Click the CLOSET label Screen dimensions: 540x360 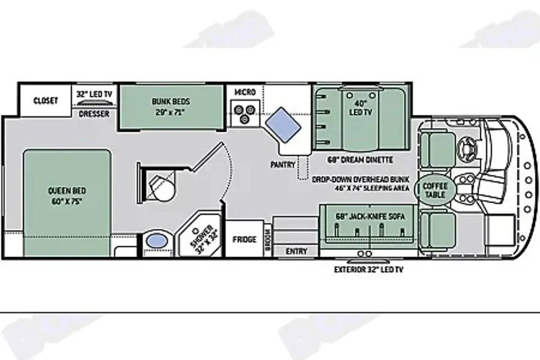[46, 101]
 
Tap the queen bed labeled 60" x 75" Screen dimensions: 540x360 [67, 202]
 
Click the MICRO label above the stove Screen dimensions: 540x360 [245, 92]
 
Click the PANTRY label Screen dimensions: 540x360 [283, 165]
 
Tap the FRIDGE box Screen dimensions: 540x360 [244, 239]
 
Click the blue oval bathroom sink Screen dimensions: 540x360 [156, 240]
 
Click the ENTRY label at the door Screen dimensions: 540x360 [296, 251]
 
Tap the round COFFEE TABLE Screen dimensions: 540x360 [435, 190]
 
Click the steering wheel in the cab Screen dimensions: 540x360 [467, 148]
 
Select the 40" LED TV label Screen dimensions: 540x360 [361, 108]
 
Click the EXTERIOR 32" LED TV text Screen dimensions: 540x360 [368, 269]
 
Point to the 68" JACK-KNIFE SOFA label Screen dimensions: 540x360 [370, 217]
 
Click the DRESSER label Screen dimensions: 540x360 [94, 114]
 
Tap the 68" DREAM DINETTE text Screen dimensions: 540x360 [360, 160]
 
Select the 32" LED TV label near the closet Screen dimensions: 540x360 [94, 94]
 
